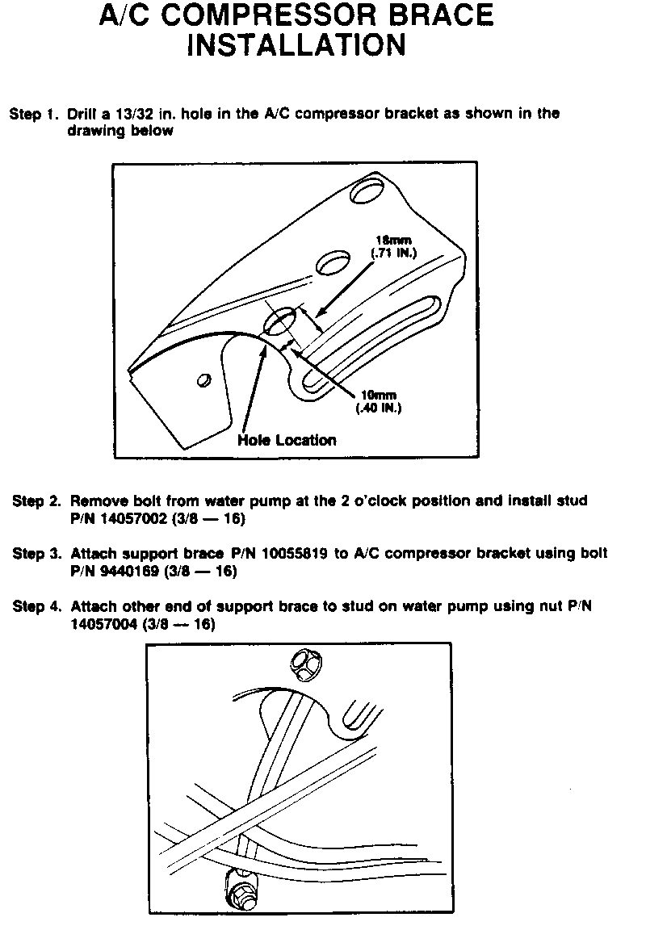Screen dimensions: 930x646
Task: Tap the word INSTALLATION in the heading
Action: coord(296,45)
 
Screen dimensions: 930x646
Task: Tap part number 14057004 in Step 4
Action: coord(105,625)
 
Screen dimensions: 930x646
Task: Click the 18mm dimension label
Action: coord(392,240)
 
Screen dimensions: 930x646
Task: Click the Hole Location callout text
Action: coord(287,440)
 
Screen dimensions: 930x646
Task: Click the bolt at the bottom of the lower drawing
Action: coord(240,892)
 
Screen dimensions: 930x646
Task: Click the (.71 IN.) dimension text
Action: coord(392,253)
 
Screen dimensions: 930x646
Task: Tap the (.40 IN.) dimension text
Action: coord(378,408)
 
